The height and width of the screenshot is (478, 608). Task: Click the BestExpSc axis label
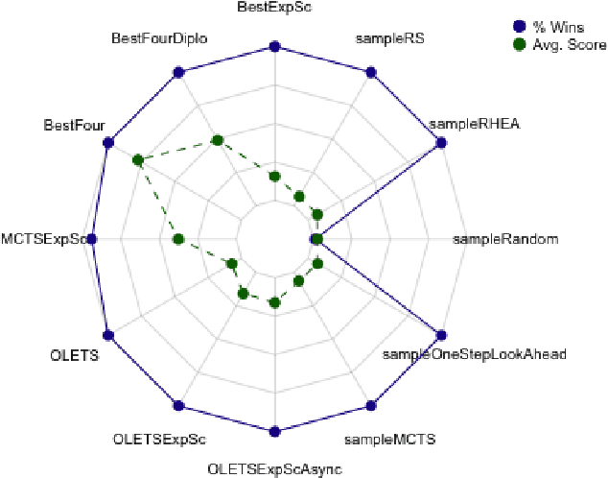[x=273, y=9]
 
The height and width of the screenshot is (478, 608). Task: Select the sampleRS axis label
[x=389, y=39]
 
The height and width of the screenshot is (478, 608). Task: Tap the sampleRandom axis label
[x=504, y=239]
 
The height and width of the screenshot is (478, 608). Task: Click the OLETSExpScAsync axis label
[x=274, y=469]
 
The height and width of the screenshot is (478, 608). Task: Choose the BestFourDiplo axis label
[x=160, y=38]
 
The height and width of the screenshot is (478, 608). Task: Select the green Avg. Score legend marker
[x=519, y=44]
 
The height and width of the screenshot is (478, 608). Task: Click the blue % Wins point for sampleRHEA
[x=441, y=143]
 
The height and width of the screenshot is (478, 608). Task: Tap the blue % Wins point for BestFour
[x=107, y=143]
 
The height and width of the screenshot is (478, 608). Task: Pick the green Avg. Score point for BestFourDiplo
[x=217, y=140]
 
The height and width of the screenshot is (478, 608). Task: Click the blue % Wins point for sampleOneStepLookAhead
[x=441, y=336]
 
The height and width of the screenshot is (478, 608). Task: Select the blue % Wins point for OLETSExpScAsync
[x=274, y=431]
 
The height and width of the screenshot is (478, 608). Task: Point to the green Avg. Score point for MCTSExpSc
[x=177, y=239]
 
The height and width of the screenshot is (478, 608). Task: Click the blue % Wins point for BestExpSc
[x=274, y=46]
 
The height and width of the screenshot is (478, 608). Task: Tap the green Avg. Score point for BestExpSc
[x=274, y=176]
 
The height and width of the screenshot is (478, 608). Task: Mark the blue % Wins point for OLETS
[x=107, y=336]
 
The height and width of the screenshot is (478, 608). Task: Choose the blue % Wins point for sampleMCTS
[x=370, y=405]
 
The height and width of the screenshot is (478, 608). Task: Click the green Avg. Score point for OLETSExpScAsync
[x=274, y=303]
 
